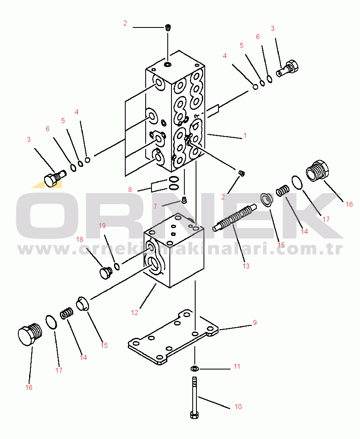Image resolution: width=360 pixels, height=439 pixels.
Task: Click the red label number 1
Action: (x=245, y=136)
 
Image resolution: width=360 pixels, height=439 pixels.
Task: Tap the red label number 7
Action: (x=155, y=207)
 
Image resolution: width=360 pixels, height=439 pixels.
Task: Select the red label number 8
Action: (x=130, y=190)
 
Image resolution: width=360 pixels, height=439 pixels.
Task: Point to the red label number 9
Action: (x=255, y=322)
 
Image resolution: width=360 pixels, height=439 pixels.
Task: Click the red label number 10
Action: (x=238, y=407)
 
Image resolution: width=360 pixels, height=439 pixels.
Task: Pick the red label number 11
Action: (x=237, y=367)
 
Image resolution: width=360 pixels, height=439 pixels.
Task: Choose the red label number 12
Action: (x=135, y=313)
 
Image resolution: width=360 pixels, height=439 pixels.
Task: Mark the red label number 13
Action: (x=246, y=266)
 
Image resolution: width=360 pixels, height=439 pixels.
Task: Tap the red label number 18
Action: (x=80, y=239)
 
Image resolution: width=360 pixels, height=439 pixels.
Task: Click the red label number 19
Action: (x=102, y=226)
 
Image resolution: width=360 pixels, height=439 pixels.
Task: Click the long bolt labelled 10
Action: (x=194, y=397)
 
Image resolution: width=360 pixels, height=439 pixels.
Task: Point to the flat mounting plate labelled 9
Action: (x=173, y=337)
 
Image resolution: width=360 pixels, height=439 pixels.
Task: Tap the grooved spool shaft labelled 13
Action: (x=235, y=218)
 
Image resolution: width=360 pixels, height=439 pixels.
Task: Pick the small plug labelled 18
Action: (x=106, y=273)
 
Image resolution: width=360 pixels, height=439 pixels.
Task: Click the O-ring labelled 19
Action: (x=117, y=266)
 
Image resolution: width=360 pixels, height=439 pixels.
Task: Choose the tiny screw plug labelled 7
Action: (x=184, y=200)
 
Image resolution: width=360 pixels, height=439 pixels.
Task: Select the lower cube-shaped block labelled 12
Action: (x=174, y=251)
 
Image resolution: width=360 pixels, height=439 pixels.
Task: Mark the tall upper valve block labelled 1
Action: (x=175, y=111)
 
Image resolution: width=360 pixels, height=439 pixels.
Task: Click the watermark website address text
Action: (x=180, y=248)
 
